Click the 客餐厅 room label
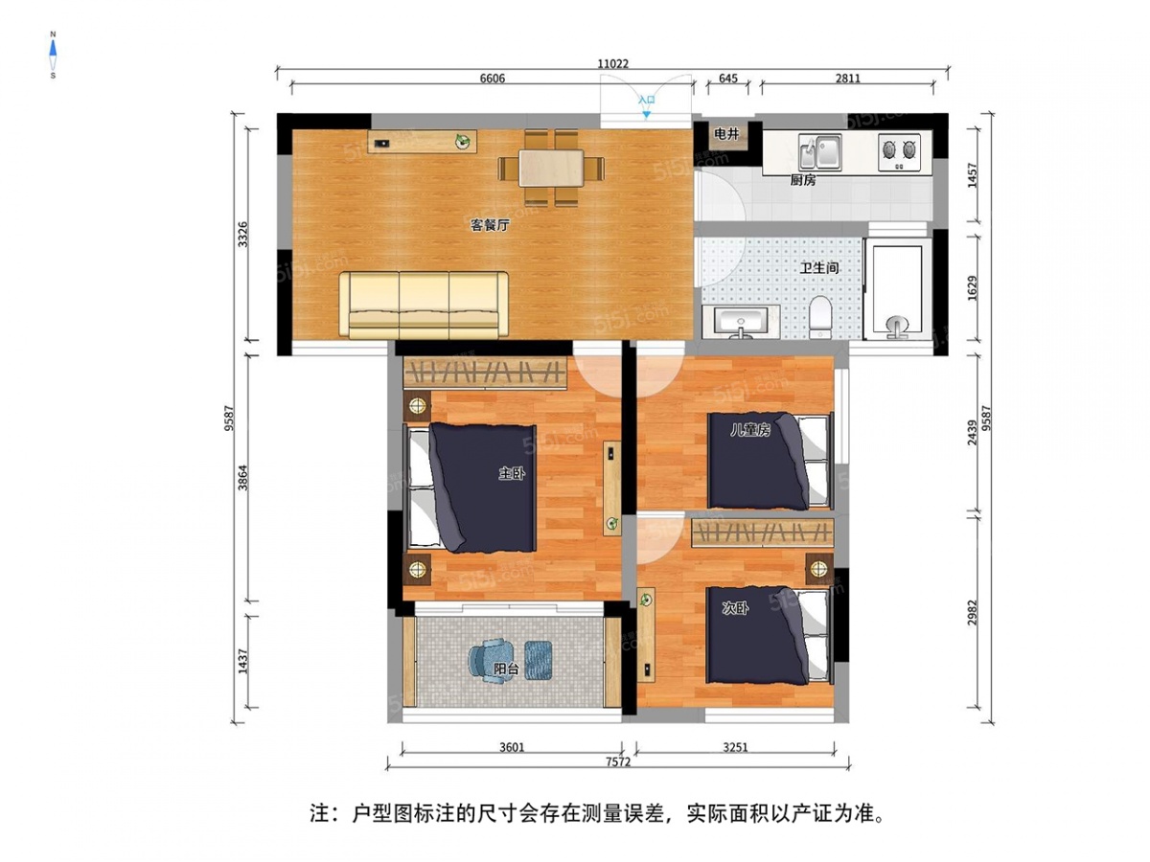click(x=489, y=226)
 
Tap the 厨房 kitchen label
click(x=803, y=180)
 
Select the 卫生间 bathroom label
click(x=820, y=268)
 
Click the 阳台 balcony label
click(x=506, y=669)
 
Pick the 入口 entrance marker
click(x=647, y=100)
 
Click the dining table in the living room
click(x=551, y=168)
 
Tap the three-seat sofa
click(x=425, y=305)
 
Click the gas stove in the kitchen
click(x=900, y=150)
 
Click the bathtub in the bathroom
click(x=897, y=287)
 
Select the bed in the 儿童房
click(x=767, y=460)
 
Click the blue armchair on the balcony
click(x=491, y=662)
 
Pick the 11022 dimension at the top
click(x=612, y=64)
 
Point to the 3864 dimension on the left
click(x=242, y=477)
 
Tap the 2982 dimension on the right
click(x=973, y=614)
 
